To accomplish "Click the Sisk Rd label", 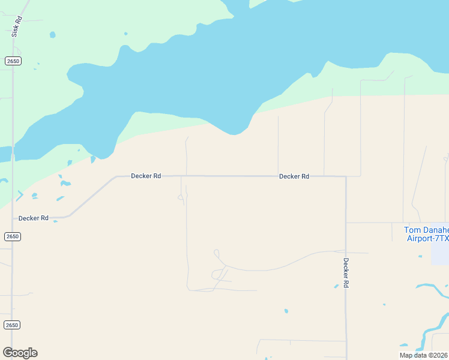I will [x=16, y=26].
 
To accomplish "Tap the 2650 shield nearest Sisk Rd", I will [x=12, y=61].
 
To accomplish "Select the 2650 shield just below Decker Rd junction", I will [x=12, y=236].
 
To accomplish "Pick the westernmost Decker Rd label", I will [x=34, y=218].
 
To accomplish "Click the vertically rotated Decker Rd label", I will [x=346, y=273].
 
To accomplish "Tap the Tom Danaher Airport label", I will [x=427, y=234].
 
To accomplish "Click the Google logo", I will [x=20, y=352].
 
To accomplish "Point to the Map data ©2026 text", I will [x=424, y=355].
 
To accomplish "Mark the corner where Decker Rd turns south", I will [x=346, y=176].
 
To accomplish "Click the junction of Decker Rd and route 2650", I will [x=12, y=218].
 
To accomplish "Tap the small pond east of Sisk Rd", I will [x=52, y=35].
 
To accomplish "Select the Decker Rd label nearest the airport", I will [x=294, y=176].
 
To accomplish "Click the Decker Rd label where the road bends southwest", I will [x=146, y=176].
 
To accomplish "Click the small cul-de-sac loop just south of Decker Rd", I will [x=180, y=197].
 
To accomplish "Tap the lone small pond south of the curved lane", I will [x=286, y=311].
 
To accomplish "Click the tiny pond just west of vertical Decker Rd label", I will [x=336, y=286].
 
